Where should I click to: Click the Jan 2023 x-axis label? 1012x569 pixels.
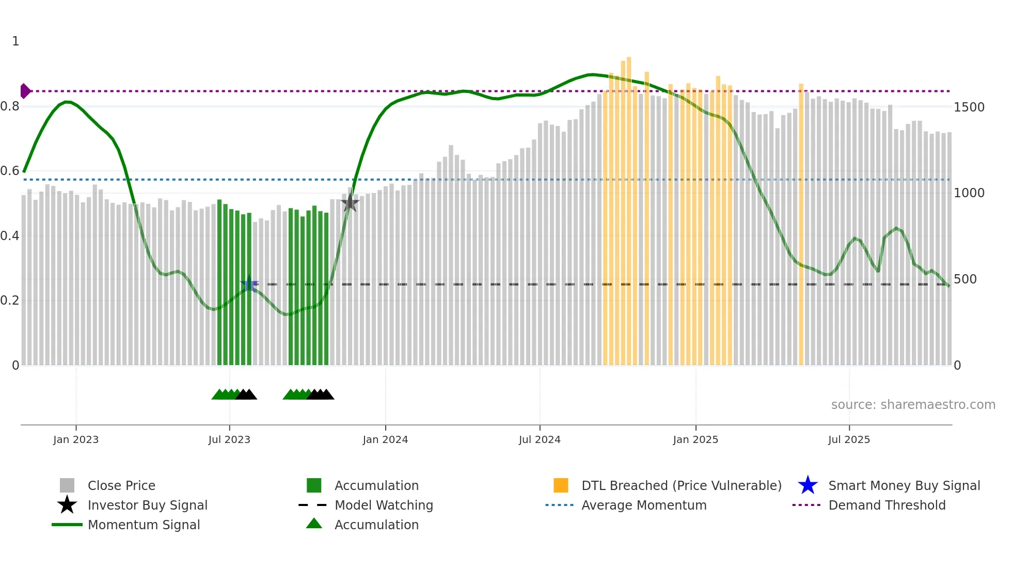click(x=76, y=439)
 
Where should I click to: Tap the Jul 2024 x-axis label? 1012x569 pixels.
click(x=540, y=439)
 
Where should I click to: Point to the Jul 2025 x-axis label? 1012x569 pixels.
click(x=849, y=439)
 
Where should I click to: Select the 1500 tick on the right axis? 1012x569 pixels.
click(x=969, y=107)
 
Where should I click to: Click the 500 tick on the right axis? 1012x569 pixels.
click(x=964, y=279)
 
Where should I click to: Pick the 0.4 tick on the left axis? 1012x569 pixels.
click(x=10, y=236)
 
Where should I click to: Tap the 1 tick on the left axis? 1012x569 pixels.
click(x=15, y=41)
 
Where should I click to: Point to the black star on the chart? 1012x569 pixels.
click(x=350, y=202)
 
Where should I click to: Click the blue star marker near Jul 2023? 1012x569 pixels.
click(x=249, y=284)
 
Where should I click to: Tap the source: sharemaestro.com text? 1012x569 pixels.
click(x=913, y=405)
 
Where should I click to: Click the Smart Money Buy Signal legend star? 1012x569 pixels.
click(x=808, y=485)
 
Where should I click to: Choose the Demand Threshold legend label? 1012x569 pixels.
click(x=887, y=505)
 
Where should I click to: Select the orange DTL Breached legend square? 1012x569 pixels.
click(x=561, y=485)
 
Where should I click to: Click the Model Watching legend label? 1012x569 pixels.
click(x=384, y=505)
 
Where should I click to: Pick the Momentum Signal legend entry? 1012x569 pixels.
click(x=144, y=525)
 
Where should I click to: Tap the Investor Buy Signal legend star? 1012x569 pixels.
click(x=67, y=505)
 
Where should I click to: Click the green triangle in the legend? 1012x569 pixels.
click(x=314, y=524)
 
